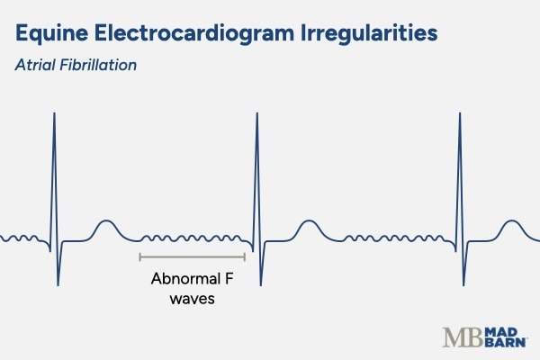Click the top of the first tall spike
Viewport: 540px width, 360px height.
click(x=55, y=112)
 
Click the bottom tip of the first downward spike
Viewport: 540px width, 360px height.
click(x=58, y=284)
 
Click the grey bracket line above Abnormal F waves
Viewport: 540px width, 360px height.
click(x=192, y=257)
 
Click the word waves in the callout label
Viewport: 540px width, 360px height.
click(x=192, y=299)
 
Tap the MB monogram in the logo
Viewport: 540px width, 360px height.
click(x=460, y=337)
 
